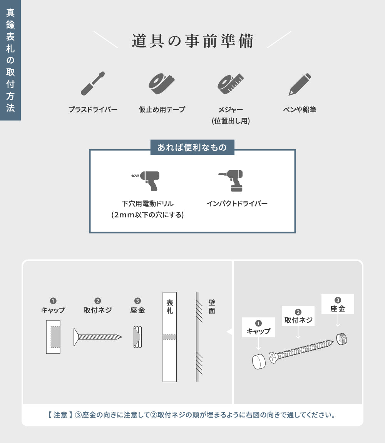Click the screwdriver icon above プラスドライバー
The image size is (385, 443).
(x=93, y=83)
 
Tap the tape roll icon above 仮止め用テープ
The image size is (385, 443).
(x=161, y=83)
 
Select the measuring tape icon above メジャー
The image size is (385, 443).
(x=231, y=83)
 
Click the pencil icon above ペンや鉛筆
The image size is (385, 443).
(x=300, y=84)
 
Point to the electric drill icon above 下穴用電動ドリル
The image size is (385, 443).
(x=146, y=180)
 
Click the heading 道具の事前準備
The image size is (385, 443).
(x=192, y=41)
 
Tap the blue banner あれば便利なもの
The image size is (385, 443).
(x=192, y=147)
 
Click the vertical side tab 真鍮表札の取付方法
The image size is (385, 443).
(x=10, y=60)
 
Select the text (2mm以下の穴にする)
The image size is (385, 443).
(x=147, y=215)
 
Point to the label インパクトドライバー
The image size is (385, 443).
(x=237, y=203)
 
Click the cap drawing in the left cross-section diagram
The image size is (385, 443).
(x=53, y=337)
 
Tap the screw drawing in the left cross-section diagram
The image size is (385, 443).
(x=98, y=337)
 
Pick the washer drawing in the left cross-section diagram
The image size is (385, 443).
(x=137, y=337)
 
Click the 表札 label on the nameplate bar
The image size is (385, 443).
(x=169, y=307)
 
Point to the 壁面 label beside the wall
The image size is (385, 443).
(x=212, y=307)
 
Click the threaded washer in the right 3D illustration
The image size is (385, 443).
(x=341, y=339)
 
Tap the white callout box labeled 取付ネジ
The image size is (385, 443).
(x=298, y=316)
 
